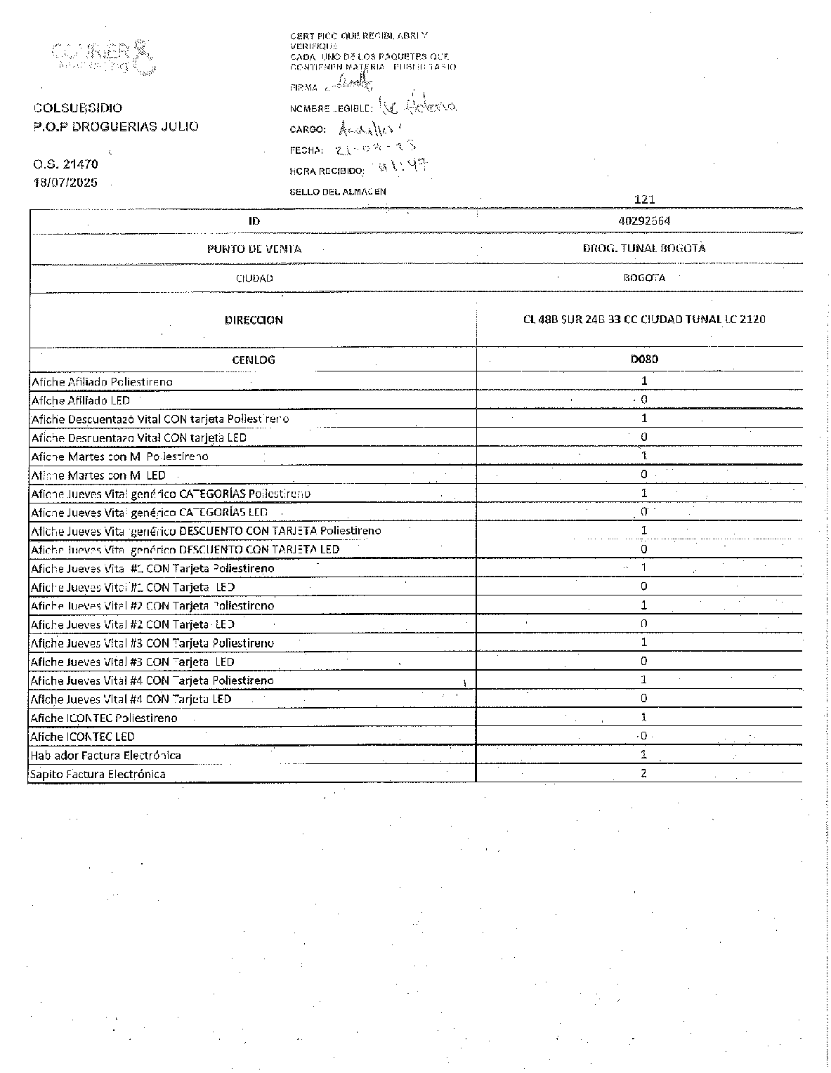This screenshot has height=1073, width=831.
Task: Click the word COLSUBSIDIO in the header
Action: point(78,108)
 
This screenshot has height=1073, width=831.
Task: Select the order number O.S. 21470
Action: point(65,164)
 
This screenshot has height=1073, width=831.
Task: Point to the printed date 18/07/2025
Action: point(65,183)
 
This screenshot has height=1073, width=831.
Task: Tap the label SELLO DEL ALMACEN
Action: point(338,192)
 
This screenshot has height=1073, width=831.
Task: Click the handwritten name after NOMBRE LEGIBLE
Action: point(417,106)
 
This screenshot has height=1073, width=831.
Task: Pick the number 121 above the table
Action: point(644,199)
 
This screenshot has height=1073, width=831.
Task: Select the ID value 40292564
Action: point(644,220)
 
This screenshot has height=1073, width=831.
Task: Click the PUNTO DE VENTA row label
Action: point(254,249)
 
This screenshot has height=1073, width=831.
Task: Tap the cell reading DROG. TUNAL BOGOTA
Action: point(644,248)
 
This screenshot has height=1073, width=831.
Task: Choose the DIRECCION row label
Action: point(254,320)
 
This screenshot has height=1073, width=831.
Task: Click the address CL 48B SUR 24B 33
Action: point(644,320)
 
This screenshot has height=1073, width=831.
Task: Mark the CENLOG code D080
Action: point(644,360)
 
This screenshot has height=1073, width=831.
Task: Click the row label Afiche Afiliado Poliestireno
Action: point(102,382)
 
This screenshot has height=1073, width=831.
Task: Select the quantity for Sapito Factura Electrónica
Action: point(643,773)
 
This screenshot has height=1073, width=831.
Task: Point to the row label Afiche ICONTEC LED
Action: point(82,737)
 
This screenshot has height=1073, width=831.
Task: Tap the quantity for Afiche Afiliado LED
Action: point(643,400)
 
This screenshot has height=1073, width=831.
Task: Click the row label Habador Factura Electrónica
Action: point(105,756)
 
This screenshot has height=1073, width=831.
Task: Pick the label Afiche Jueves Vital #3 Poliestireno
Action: point(152,643)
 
